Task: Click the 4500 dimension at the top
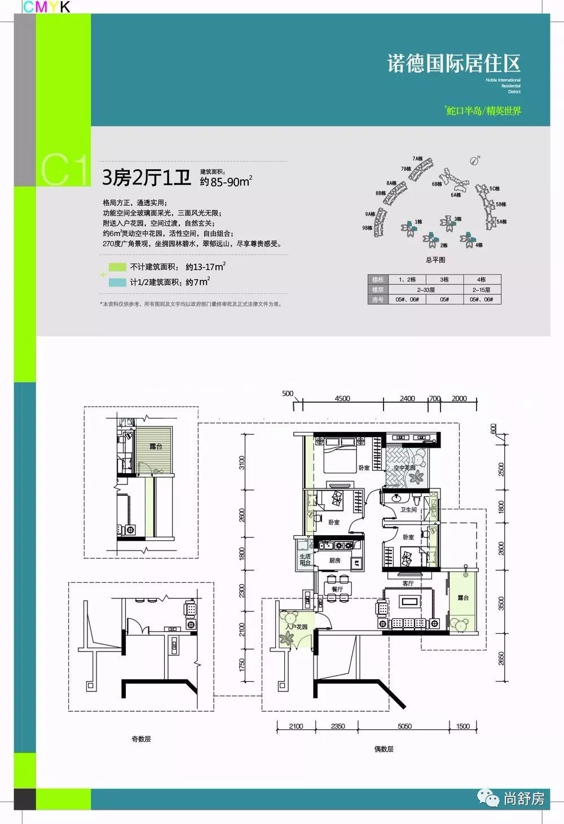click(342, 398)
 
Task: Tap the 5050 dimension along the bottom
click(404, 726)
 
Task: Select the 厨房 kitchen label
click(334, 561)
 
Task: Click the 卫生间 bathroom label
click(408, 509)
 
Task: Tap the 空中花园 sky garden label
click(404, 468)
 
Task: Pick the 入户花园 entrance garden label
click(297, 627)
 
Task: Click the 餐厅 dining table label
click(337, 589)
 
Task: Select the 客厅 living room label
click(408, 583)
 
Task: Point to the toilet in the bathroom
click(416, 499)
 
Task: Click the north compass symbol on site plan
click(475, 160)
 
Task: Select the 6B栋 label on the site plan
click(437, 184)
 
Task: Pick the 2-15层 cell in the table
click(481, 289)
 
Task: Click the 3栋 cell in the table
click(444, 280)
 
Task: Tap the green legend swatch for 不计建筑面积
click(117, 267)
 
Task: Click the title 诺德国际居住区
click(453, 63)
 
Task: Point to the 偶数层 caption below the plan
click(384, 749)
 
